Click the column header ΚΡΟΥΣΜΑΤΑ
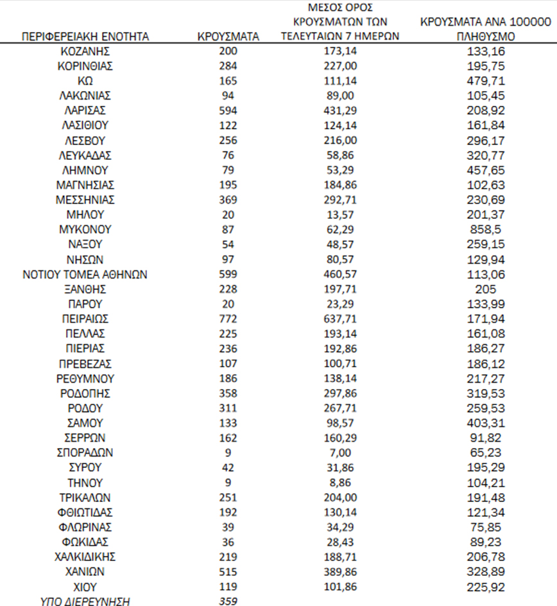(x=228, y=37)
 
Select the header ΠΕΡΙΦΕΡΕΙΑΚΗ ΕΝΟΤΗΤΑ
(x=85, y=37)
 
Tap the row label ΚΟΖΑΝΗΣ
(x=85, y=51)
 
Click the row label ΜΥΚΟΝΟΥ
(x=85, y=229)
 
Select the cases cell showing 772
(x=228, y=318)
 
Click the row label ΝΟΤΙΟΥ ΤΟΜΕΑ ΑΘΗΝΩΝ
(x=85, y=274)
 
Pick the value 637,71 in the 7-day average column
(x=340, y=318)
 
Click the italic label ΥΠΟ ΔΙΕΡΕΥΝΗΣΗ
(x=85, y=602)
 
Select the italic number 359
(x=228, y=602)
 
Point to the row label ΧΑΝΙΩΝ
(x=85, y=571)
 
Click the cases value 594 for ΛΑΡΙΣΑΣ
(x=228, y=110)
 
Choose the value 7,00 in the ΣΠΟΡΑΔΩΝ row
(x=340, y=453)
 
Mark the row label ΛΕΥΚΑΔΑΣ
(x=85, y=155)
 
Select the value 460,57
(x=340, y=274)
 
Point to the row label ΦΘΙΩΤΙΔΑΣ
(x=85, y=512)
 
